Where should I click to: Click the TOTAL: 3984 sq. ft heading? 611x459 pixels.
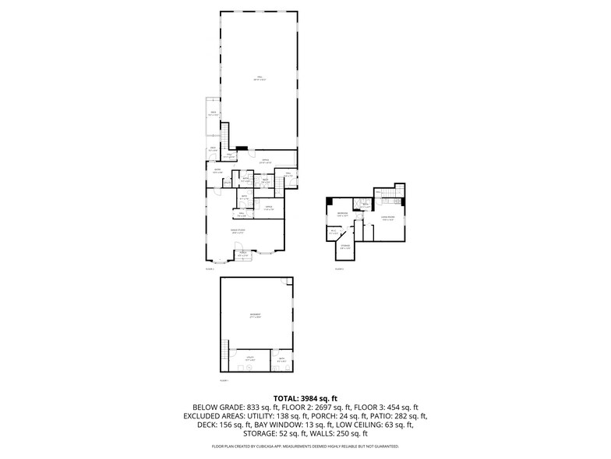click(x=305, y=398)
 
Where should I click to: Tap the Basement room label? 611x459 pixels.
click(x=254, y=315)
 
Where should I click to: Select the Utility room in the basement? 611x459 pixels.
click(x=250, y=360)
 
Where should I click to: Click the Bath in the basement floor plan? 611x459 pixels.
click(x=281, y=361)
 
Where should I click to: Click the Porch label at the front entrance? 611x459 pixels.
click(x=242, y=254)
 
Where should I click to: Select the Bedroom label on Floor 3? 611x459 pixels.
click(x=342, y=214)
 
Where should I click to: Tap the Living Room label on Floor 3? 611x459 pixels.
click(x=388, y=219)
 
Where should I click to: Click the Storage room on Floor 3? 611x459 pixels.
click(x=344, y=247)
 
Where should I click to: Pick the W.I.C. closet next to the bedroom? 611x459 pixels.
click(x=334, y=231)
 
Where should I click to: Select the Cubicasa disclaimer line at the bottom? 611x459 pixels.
click(x=305, y=447)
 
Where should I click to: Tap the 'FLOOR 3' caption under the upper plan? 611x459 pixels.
click(x=339, y=268)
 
